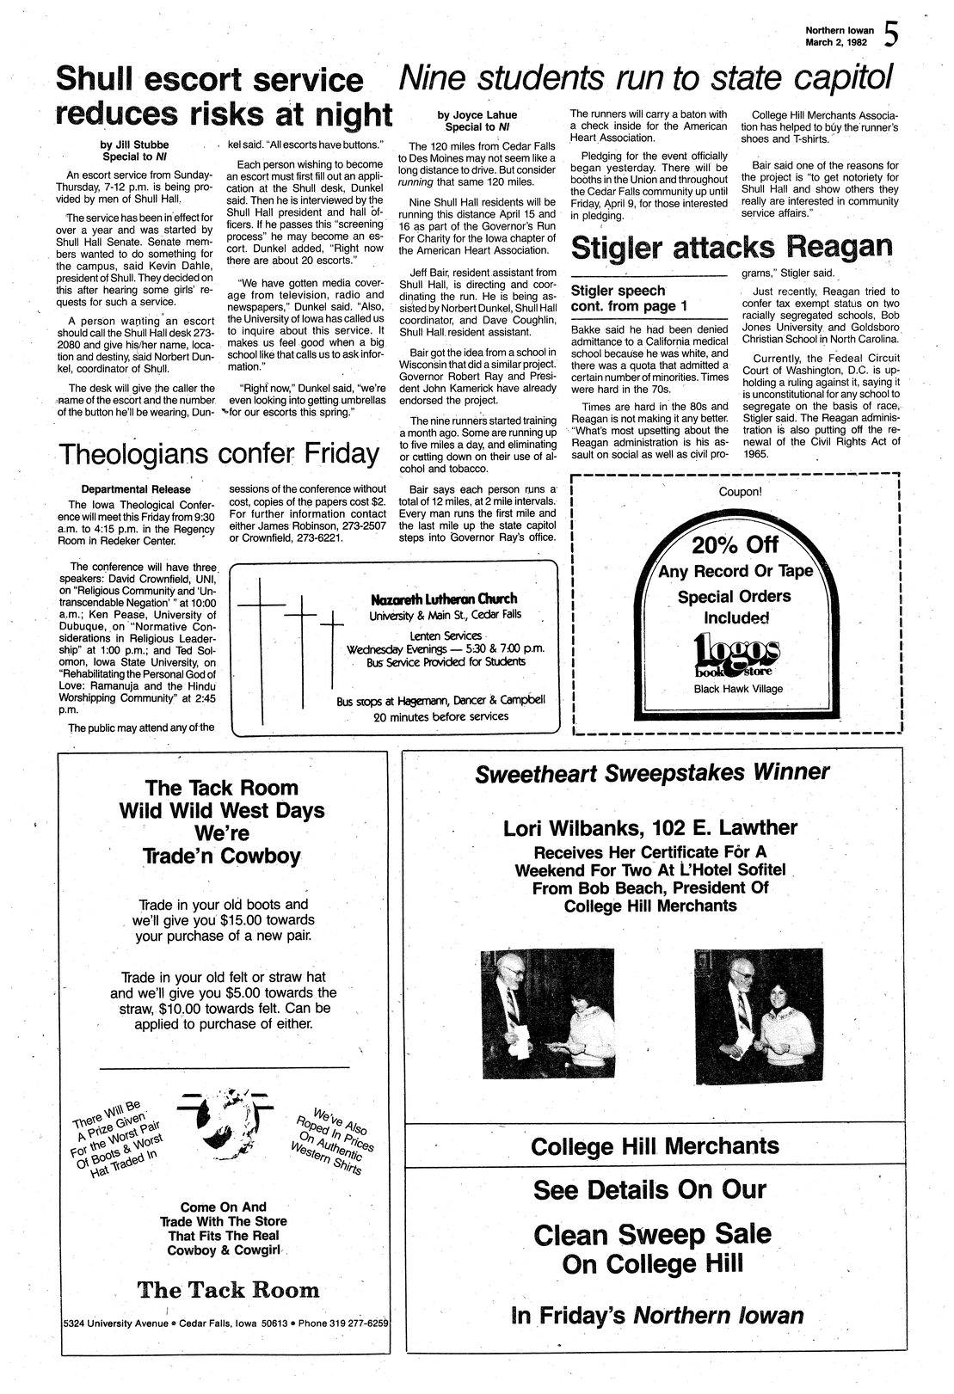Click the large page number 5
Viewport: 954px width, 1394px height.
[x=892, y=36]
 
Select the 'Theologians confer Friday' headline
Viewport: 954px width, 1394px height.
[x=218, y=453]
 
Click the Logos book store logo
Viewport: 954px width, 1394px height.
[x=736, y=656]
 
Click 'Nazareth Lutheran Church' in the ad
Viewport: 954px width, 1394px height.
[x=444, y=599]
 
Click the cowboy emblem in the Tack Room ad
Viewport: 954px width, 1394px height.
[x=226, y=1121]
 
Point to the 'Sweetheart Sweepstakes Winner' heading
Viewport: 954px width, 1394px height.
[x=652, y=772]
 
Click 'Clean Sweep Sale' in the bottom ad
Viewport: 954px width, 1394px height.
[x=652, y=1234]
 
